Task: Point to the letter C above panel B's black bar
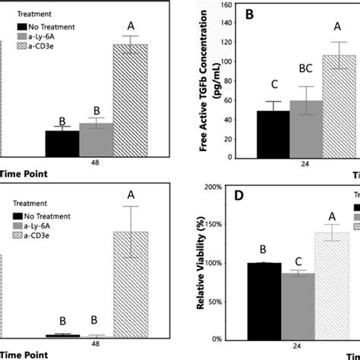coord(273,86)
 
